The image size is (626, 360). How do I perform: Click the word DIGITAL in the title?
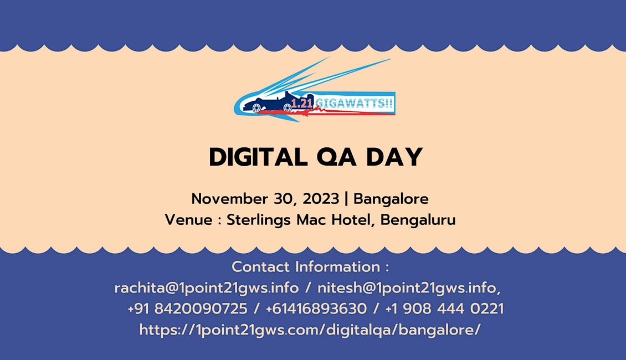tap(258, 157)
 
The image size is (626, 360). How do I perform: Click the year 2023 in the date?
tap(321, 199)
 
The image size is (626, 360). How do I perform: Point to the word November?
tap(229, 199)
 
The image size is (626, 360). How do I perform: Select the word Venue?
tap(188, 220)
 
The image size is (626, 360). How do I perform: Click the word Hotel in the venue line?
tap(354, 220)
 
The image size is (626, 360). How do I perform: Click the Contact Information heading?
tap(310, 266)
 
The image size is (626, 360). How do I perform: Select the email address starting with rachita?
tap(207, 288)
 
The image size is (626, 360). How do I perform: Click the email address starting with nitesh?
tap(409, 288)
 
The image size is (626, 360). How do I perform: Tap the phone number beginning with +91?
tap(187, 308)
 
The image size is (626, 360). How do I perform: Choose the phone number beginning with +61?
tap(316, 308)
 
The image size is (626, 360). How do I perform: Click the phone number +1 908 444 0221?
tap(444, 308)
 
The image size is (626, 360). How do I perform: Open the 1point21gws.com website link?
tap(310, 330)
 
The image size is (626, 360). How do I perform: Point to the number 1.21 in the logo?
tap(302, 104)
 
